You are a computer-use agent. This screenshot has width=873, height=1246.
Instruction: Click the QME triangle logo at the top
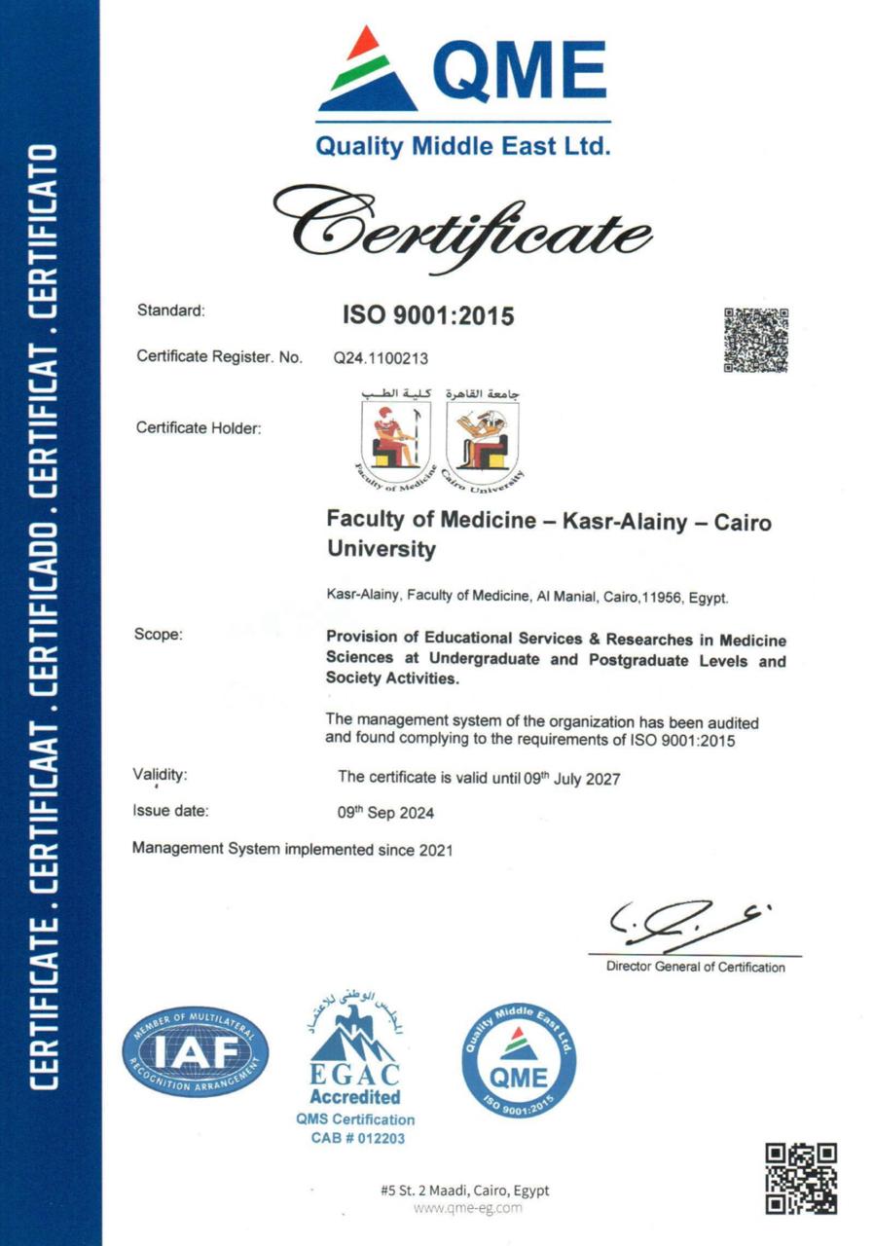(x=367, y=70)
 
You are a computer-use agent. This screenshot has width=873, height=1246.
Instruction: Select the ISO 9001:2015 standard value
(x=426, y=315)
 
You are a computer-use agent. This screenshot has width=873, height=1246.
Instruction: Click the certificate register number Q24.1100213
(x=381, y=358)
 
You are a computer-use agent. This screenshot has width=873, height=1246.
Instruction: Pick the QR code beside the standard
(x=755, y=340)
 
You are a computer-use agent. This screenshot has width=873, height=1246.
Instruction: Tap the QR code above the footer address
(x=801, y=1178)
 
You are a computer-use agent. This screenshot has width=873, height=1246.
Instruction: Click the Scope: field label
(x=158, y=635)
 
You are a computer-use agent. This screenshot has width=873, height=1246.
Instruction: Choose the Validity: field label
(x=160, y=776)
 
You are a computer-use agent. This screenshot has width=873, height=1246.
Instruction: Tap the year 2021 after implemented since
(x=436, y=850)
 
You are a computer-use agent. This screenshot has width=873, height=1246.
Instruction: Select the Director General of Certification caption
(x=695, y=967)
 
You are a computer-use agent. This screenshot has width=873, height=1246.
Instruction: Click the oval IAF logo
(x=195, y=1052)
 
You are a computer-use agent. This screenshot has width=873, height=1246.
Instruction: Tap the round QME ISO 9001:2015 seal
(x=519, y=1060)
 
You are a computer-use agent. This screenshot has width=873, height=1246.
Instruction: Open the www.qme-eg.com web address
(x=467, y=1208)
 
